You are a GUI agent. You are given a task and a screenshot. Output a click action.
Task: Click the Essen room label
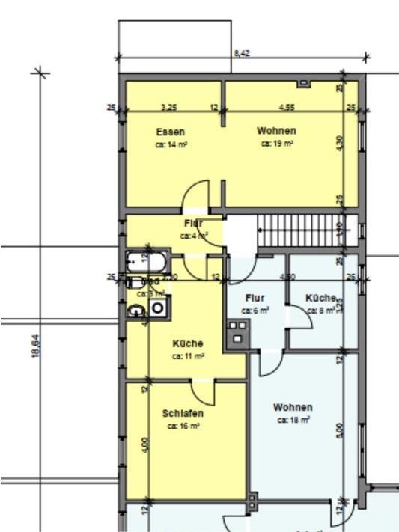point(171,132)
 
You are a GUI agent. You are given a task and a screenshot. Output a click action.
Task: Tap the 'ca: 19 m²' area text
point(276,143)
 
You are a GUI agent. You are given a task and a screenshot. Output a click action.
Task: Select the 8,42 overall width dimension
point(242,53)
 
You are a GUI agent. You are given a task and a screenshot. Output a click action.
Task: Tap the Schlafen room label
point(183,413)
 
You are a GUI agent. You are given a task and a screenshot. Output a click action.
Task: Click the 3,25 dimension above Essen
point(169,107)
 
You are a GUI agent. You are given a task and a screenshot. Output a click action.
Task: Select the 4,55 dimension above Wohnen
point(286,107)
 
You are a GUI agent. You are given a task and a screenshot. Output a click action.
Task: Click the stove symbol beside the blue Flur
point(238,332)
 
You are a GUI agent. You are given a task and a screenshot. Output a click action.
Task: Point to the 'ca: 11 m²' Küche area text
point(187,356)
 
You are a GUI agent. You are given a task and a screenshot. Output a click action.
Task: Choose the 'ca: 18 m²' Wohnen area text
point(293,420)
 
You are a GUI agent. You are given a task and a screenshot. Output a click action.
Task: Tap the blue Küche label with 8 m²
point(320,298)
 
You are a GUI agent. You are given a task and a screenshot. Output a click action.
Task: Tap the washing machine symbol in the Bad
point(158,307)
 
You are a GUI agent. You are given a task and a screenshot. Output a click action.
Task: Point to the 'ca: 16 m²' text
point(183,426)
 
